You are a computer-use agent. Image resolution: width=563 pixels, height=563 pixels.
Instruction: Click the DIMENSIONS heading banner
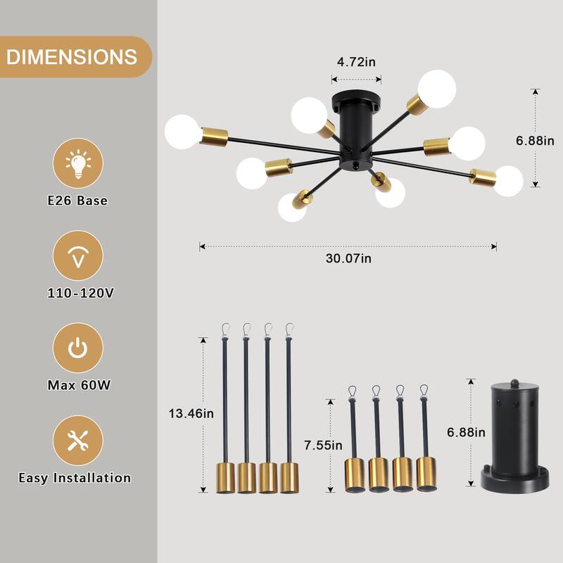72,56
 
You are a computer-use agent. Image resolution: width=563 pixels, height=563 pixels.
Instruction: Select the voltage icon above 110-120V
78,256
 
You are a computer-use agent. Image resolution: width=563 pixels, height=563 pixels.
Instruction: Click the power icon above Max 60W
78,348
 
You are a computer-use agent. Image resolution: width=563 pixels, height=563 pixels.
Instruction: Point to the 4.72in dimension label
356,62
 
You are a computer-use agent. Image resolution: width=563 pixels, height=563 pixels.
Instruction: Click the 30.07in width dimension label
348,258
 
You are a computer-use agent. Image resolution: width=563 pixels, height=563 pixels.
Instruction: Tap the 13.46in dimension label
190,413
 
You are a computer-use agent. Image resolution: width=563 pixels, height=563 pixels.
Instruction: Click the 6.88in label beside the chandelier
536,141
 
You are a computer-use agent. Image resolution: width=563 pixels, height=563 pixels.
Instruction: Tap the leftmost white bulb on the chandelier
183,132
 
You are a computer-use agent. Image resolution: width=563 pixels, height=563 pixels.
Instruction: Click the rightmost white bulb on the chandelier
507,181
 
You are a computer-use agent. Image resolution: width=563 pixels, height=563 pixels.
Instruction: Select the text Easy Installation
75,478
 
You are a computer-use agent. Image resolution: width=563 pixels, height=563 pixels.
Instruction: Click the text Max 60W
77,385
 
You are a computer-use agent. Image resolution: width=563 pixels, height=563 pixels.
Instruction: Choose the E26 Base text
77,201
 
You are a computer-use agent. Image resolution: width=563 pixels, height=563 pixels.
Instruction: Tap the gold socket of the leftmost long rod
225,477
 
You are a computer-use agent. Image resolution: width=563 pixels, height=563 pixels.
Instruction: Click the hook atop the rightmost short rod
424,390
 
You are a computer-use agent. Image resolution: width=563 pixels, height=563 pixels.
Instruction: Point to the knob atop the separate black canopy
513,383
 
